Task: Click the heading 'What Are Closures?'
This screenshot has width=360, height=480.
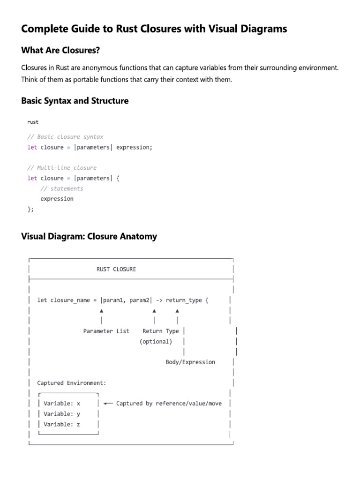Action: pos(60,51)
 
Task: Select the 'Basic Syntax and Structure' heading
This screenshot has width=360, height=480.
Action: pos(75,101)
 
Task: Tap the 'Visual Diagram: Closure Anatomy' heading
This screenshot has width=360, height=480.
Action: pos(89,236)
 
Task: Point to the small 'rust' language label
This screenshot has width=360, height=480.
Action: pos(33,122)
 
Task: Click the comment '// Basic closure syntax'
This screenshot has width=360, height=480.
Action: pos(65,137)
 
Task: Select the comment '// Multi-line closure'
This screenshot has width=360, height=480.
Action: pos(62,168)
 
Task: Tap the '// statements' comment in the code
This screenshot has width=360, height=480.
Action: pos(62,188)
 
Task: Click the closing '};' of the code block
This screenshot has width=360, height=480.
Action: pos(31,209)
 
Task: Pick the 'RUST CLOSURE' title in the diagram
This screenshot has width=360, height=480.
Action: pos(116,269)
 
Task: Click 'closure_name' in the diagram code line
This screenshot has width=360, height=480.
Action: pos(69,300)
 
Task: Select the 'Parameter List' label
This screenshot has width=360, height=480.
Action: pos(106,331)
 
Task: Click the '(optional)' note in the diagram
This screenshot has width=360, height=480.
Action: pos(156,341)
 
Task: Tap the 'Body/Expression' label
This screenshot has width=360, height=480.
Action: pos(190,362)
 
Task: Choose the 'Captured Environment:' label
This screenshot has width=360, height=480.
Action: pos(72,383)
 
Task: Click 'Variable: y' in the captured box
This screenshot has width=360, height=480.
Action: pos(62,414)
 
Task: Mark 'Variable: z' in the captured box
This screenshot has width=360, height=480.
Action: pos(62,424)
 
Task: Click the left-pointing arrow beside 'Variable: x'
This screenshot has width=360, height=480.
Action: pos(108,403)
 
